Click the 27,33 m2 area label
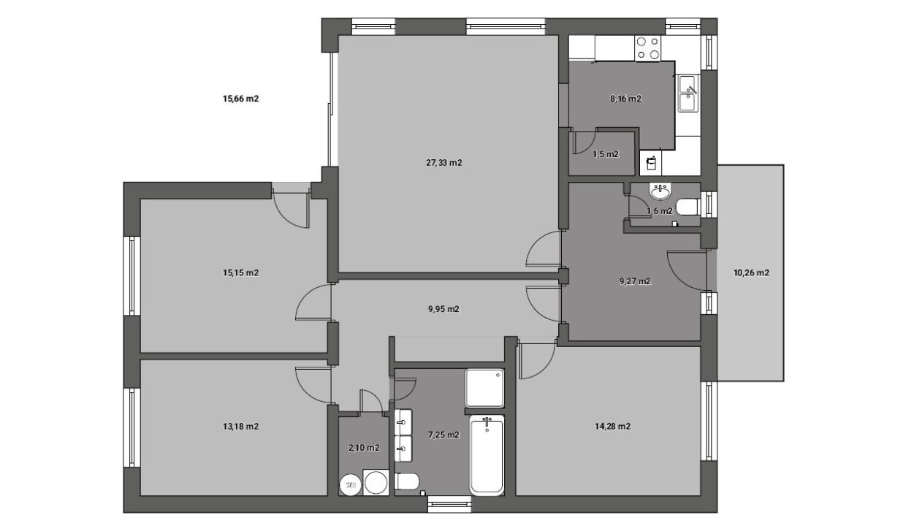(444, 162)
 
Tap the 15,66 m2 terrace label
(240, 99)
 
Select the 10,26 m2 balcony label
(751, 273)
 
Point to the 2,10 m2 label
(364, 448)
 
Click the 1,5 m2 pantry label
(606, 154)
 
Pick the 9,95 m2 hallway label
(444, 309)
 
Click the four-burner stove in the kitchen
(647, 48)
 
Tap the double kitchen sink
(689, 94)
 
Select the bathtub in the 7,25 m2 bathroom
(487, 455)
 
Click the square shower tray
(484, 388)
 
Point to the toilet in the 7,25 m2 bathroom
(407, 481)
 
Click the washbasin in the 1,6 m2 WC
(661, 191)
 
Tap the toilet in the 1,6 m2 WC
(689, 207)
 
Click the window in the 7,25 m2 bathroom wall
(450, 504)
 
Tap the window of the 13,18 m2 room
(132, 427)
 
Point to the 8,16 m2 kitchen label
(625, 99)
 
